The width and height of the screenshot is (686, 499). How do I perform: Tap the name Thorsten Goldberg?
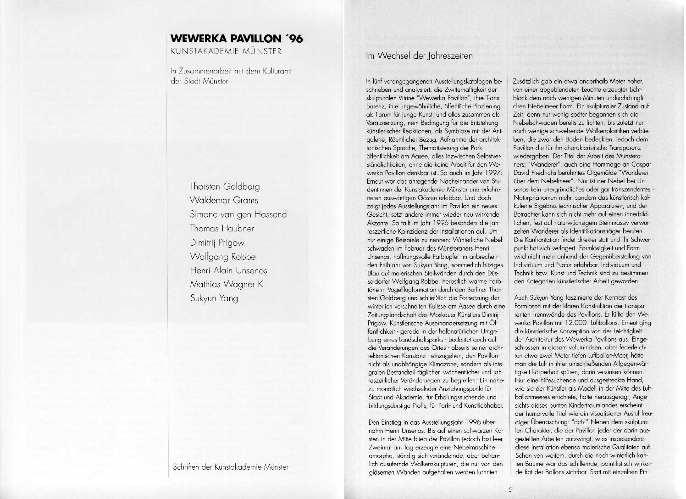click(x=225, y=186)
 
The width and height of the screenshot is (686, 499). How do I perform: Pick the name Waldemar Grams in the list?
click(x=224, y=200)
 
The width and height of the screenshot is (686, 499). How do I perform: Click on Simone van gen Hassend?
click(x=238, y=214)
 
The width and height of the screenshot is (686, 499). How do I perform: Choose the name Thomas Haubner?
click(x=222, y=228)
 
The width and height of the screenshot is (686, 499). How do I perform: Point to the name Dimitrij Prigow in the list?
click(x=217, y=242)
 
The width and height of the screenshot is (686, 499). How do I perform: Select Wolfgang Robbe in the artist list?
click(x=223, y=257)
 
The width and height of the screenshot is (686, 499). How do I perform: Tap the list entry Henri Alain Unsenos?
click(x=228, y=270)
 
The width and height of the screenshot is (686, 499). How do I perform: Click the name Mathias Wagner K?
click(x=227, y=285)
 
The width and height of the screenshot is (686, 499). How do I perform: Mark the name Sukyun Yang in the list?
click(x=214, y=298)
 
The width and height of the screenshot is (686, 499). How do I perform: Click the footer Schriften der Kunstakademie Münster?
click(x=230, y=467)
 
